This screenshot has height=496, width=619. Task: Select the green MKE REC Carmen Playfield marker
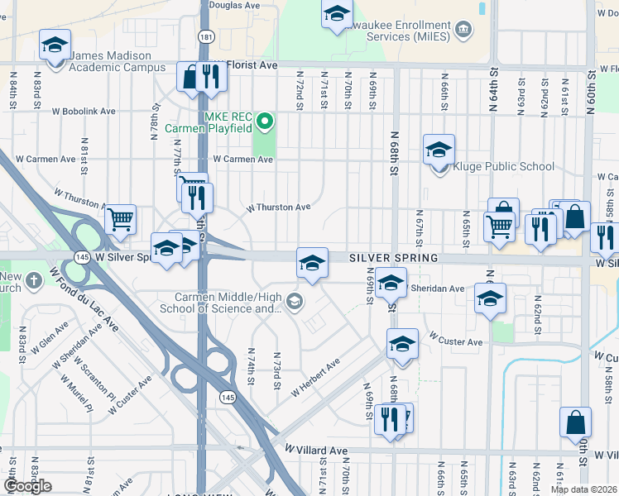pyautogui.click(x=265, y=123)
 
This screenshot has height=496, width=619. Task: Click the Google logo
pyautogui.click(x=28, y=486)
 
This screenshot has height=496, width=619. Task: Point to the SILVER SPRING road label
pyautogui.click(x=393, y=258)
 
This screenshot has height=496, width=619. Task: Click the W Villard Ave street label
pyautogui.click(x=316, y=450)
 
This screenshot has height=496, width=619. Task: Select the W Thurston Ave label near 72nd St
pyautogui.click(x=278, y=207)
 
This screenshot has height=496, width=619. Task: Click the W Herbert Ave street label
pyautogui.click(x=315, y=376)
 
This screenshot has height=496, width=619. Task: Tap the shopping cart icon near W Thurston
pyautogui.click(x=121, y=219)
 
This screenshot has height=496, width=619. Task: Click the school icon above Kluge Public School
pyautogui.click(x=439, y=149)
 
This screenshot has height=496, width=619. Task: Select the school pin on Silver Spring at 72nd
pyautogui.click(x=312, y=263)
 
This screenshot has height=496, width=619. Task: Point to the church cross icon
pyautogui.click(x=34, y=280)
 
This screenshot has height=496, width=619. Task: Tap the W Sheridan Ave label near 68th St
pyautogui.click(x=436, y=289)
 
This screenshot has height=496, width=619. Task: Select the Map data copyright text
pyautogui.click(x=584, y=489)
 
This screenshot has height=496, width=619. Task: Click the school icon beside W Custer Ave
pyautogui.click(x=402, y=343)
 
